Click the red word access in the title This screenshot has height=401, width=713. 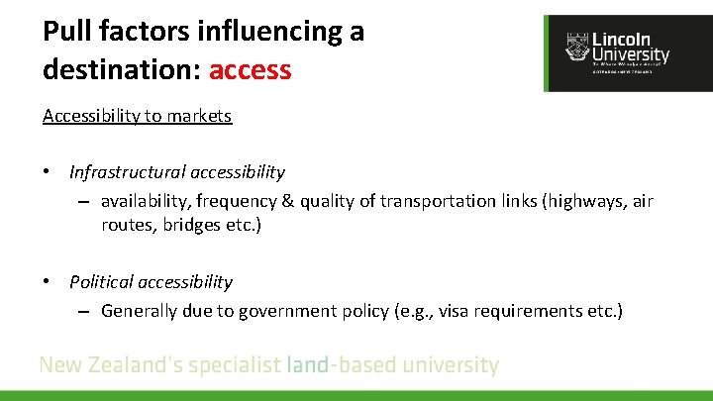tap(251, 69)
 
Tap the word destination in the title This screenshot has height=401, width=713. tap(117, 69)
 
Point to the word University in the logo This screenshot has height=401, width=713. tap(631, 55)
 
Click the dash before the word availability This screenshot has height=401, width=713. tap(85, 202)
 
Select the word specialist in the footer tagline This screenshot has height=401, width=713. tap(234, 365)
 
